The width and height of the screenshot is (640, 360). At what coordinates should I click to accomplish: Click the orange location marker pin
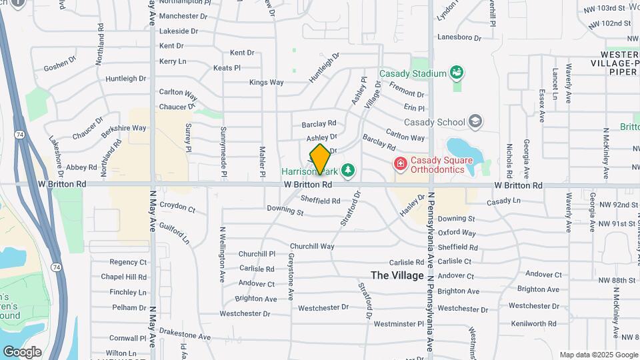tap(320, 159)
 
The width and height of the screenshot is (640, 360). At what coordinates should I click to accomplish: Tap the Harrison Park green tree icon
tap(347, 171)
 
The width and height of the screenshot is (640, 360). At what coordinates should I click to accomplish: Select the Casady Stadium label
tap(412, 73)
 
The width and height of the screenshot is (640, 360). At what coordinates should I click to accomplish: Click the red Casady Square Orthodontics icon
tap(400, 163)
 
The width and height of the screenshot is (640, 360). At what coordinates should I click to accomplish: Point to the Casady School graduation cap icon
tap(475, 121)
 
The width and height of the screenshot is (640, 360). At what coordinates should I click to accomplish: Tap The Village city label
tap(397, 275)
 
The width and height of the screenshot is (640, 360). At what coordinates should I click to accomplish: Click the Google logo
tap(21, 352)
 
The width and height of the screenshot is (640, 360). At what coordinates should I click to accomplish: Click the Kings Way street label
tap(266, 83)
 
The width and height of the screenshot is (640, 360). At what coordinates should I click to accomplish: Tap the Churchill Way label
tap(312, 246)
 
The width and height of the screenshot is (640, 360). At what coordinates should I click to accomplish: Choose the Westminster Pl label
tap(399, 324)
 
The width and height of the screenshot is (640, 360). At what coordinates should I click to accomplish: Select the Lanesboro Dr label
tap(459, 37)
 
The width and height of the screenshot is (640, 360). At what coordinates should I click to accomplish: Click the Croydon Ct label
tap(177, 209)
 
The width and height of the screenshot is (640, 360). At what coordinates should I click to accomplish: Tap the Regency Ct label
tap(128, 262)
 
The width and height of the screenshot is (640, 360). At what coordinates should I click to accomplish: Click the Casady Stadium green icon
tap(457, 71)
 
